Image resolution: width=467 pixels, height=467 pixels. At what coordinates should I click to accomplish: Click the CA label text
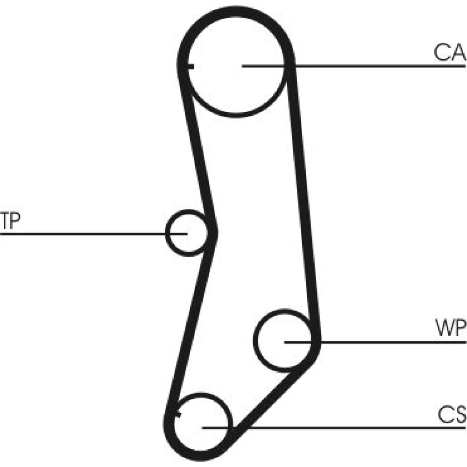click(449, 53)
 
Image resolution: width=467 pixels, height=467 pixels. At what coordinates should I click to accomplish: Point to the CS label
click(451, 414)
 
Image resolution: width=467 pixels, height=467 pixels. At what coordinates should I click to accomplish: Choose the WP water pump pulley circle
click(283, 340)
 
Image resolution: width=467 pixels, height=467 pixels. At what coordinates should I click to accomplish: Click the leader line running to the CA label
click(374, 66)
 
